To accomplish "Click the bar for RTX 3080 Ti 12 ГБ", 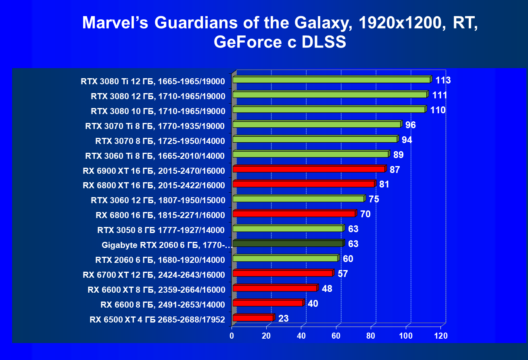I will point(332,80).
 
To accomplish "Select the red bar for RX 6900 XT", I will point(309,169).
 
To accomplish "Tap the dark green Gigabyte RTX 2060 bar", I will point(288,243).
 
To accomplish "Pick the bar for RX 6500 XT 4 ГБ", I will point(253,318).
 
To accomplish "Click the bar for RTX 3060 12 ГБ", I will point(298,199).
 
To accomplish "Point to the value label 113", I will point(442,80).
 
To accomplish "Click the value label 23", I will point(283,318).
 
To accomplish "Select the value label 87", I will point(394,170).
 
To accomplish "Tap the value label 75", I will point(374,200).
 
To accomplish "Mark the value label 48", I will point(327,289).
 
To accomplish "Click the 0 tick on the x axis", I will point(232,335).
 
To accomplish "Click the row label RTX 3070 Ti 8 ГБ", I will point(155,126).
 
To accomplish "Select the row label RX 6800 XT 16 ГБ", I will point(154,185).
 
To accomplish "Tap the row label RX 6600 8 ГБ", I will point(163,304).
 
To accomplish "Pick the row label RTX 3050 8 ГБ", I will point(161,230).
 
